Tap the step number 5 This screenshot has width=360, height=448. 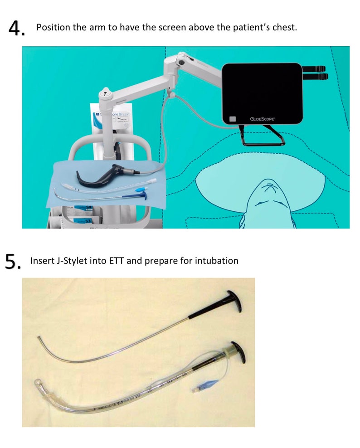[13, 262]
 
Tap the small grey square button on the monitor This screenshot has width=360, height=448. [233, 119]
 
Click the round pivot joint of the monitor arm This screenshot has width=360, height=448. [181, 59]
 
